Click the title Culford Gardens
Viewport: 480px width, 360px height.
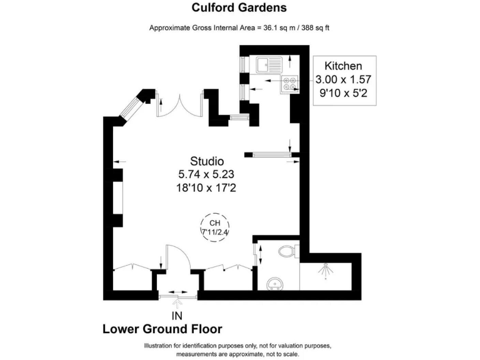pyautogui.click(x=239, y=8)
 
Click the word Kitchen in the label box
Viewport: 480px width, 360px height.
pyautogui.click(x=343, y=66)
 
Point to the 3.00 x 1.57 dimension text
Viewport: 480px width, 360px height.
pyautogui.click(x=343, y=79)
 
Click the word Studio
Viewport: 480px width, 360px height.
pyautogui.click(x=207, y=161)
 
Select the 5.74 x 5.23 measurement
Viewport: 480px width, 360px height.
pyautogui.click(x=207, y=174)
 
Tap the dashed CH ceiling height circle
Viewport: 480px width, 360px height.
pyautogui.click(x=214, y=227)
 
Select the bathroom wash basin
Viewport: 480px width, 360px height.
pyautogui.click(x=275, y=285)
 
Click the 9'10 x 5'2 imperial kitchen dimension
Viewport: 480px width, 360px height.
pyautogui.click(x=343, y=93)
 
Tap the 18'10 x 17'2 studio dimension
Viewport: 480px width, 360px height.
pyautogui.click(x=207, y=187)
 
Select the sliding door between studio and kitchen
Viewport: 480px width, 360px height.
pyautogui.click(x=270, y=154)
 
